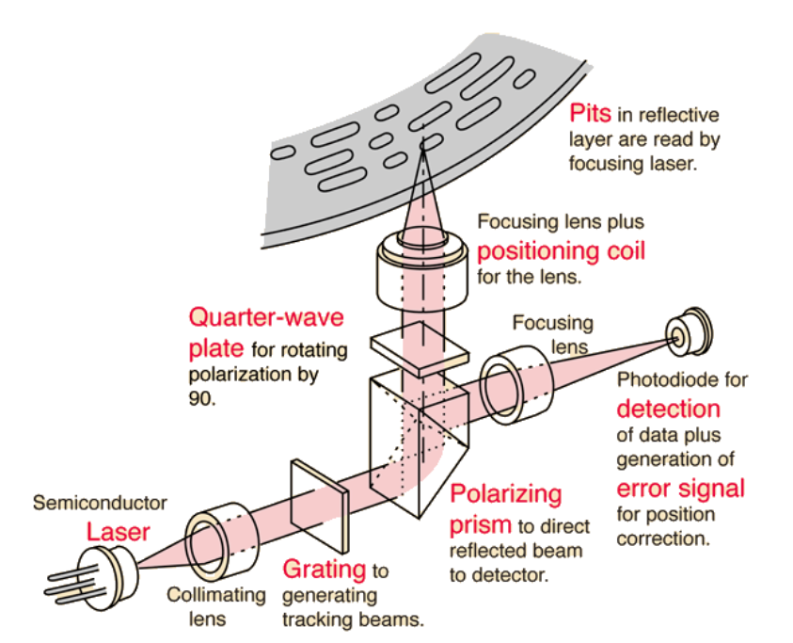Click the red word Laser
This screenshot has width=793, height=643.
[118, 531]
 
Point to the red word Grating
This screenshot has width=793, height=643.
[325, 569]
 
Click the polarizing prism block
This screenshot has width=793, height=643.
[414, 442]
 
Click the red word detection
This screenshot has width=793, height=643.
[668, 409]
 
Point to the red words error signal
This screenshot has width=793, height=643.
[680, 489]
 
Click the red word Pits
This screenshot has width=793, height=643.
[590, 114]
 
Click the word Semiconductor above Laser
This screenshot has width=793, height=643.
[100, 503]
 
